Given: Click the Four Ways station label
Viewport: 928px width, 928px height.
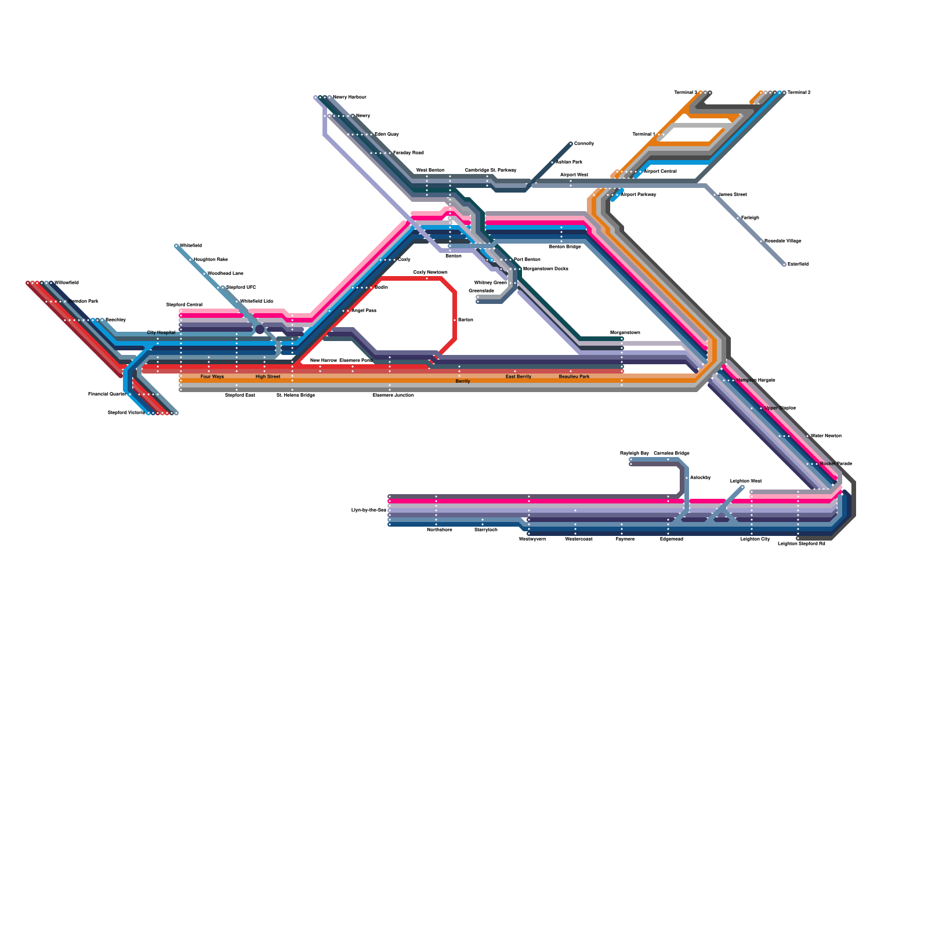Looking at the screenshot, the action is click(212, 377).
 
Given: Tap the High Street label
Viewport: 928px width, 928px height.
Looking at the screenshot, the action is click(267, 377).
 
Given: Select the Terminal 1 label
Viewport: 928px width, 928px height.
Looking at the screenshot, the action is click(644, 135).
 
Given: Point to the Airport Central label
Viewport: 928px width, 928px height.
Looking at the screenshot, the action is click(660, 172).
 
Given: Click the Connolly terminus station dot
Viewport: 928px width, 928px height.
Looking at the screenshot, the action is click(571, 144).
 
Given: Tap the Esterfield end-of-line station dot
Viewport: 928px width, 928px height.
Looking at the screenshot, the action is click(784, 264).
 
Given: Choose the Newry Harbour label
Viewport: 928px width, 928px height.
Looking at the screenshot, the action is click(349, 97).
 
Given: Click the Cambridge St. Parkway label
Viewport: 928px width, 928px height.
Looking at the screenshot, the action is click(490, 171).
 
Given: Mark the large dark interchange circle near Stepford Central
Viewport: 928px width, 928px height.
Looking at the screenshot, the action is click(260, 329).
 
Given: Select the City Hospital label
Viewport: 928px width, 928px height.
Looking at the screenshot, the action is click(161, 333).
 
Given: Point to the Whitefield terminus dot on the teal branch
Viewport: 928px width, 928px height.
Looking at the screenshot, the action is click(176, 246).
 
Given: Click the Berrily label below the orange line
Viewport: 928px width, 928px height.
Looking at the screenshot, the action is click(462, 382).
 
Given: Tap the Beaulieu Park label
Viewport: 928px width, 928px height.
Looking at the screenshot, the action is click(574, 377).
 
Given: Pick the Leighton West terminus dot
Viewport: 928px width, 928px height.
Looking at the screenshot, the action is click(742, 487).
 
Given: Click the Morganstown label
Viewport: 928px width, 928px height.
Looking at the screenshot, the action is click(625, 333).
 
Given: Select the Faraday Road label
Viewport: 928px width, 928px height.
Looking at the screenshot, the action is click(408, 153).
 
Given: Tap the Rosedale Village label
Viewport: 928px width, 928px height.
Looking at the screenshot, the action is click(782, 241).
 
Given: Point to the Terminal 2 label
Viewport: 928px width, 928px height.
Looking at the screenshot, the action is click(799, 93).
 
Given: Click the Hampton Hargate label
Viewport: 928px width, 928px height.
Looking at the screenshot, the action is click(755, 380).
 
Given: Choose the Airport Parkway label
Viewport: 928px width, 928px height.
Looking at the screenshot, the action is click(638, 195).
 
